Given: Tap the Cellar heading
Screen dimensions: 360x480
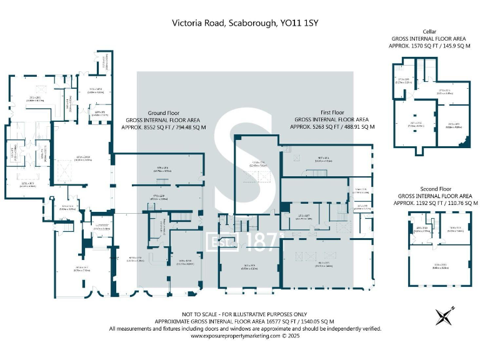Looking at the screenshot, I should (x=429, y=31).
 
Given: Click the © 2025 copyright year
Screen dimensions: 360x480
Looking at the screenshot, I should (x=294, y=336).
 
